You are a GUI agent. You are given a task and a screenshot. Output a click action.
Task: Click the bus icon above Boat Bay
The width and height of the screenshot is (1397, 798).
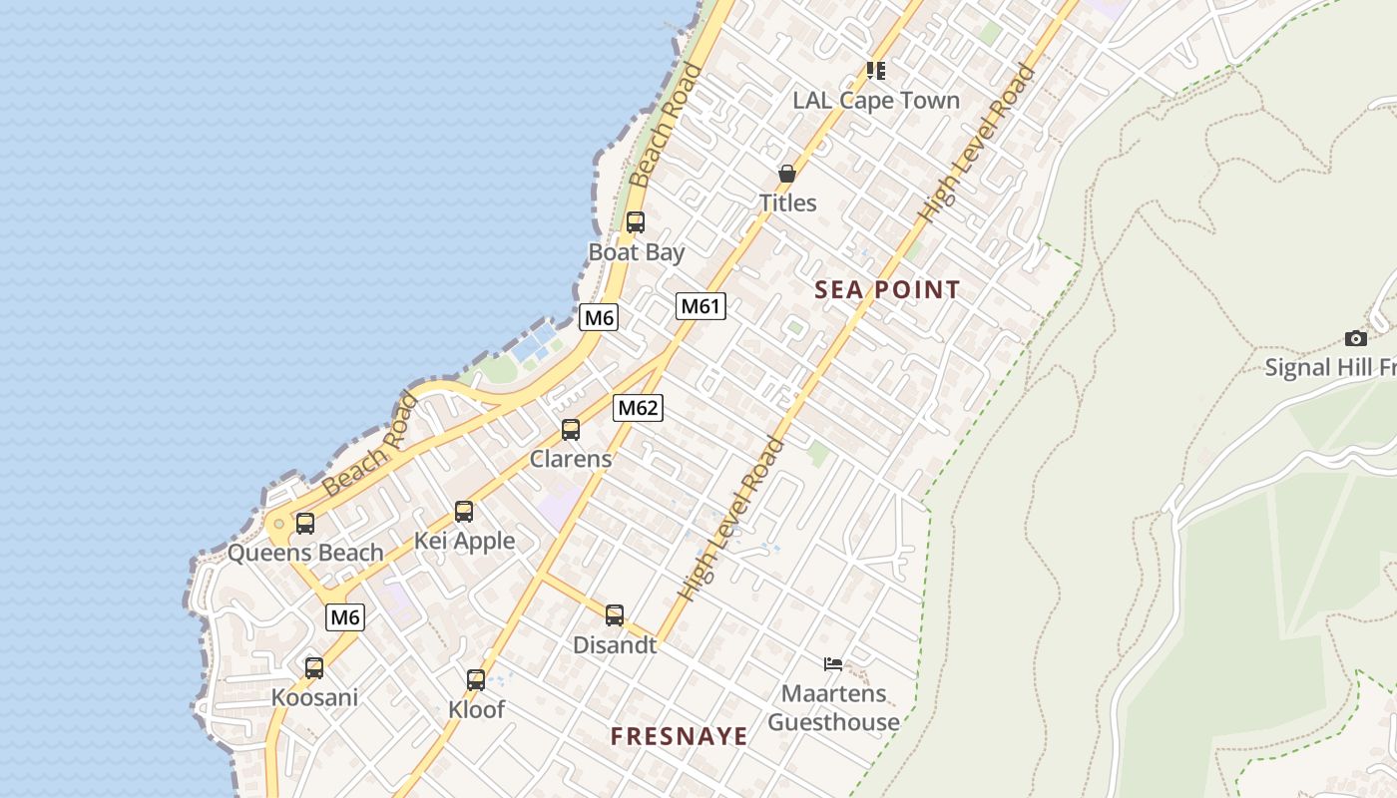click(635, 222)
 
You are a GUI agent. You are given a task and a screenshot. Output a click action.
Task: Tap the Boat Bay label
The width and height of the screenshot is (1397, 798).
click(637, 252)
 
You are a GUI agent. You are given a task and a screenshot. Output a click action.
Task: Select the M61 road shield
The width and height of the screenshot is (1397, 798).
click(700, 306)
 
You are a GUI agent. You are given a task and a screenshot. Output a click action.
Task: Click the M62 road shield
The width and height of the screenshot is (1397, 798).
click(639, 407)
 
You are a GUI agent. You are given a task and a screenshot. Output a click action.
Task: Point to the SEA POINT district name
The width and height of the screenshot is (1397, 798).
click(887, 290)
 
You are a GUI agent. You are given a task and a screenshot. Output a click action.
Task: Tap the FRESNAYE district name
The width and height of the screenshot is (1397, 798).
click(679, 736)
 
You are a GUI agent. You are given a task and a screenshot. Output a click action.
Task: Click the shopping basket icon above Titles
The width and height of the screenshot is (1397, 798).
click(787, 175)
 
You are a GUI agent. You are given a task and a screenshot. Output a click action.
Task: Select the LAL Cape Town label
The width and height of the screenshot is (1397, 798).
click(876, 101)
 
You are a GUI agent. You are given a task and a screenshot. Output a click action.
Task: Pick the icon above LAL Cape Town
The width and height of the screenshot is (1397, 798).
click(876, 70)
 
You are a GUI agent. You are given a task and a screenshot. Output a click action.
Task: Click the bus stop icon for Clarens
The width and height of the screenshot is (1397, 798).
click(571, 430)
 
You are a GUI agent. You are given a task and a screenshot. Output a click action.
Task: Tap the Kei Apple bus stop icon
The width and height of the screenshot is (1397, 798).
click(464, 512)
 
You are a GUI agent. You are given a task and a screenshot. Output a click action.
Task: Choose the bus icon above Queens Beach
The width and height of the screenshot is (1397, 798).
click(305, 523)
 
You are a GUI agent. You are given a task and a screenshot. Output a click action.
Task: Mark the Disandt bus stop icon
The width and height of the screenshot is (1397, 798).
click(615, 614)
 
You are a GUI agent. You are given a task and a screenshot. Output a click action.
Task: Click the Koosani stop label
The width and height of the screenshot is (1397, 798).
click(314, 697)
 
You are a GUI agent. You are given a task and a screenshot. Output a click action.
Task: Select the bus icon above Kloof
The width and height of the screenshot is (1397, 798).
click(476, 680)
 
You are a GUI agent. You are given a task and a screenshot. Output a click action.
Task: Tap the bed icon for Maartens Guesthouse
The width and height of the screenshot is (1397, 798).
click(833, 664)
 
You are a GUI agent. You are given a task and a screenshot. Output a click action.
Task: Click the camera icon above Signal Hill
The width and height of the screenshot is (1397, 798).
click(1355, 338)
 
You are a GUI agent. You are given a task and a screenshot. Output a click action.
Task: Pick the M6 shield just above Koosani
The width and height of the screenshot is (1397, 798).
click(345, 617)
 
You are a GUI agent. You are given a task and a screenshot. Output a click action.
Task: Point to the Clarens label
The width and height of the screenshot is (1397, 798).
click(571, 460)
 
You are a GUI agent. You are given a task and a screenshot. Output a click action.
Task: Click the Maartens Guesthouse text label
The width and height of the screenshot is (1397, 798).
click(833, 707)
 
